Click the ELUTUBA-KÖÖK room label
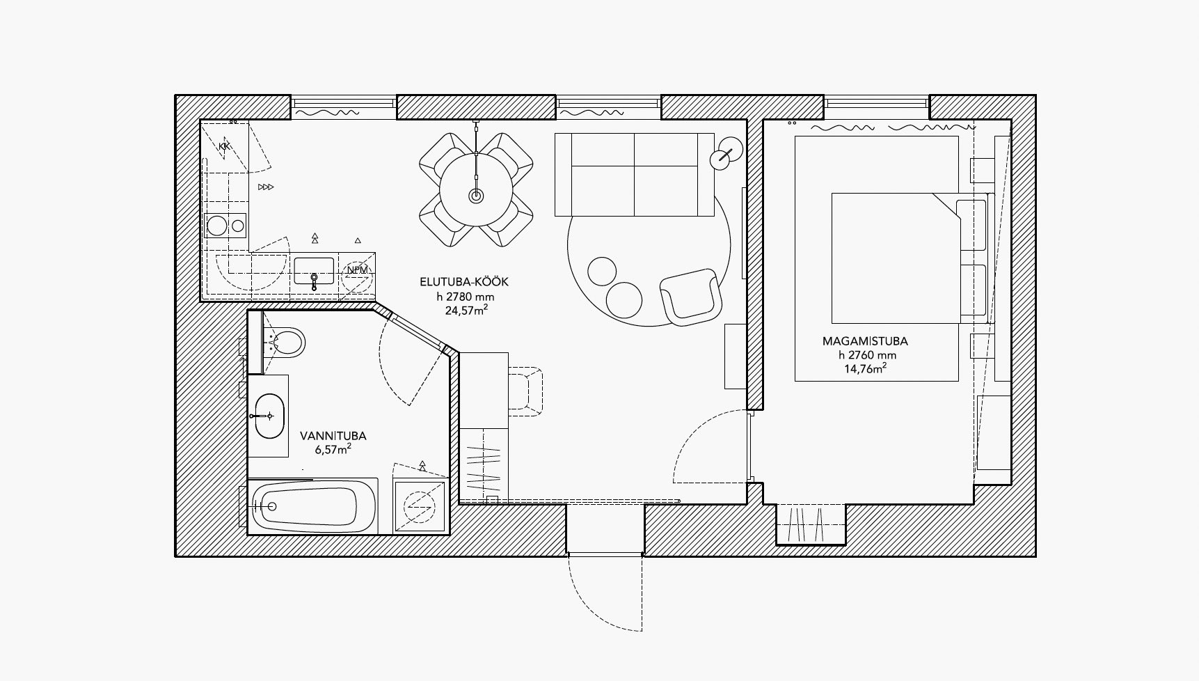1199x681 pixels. coord(464,282)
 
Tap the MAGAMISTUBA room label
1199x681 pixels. coord(865,341)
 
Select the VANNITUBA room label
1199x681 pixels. coord(333,436)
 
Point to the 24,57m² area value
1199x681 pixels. coord(466,310)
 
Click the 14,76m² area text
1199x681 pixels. coord(866,368)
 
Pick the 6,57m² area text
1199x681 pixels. coord(333,449)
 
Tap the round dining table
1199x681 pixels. coord(476,189)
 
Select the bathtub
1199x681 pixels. coord(313,506)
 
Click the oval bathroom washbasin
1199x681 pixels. coord(269,416)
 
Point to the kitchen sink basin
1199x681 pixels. coord(315,271)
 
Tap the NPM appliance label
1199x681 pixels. coord(357,270)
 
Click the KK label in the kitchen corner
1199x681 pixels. coord(224,146)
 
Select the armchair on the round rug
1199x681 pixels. coord(690,297)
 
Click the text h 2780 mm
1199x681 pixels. coord(466,297)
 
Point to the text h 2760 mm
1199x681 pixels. coord(867,355)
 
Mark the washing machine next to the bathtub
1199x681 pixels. coord(420,506)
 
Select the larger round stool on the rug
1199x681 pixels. coord(624,300)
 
